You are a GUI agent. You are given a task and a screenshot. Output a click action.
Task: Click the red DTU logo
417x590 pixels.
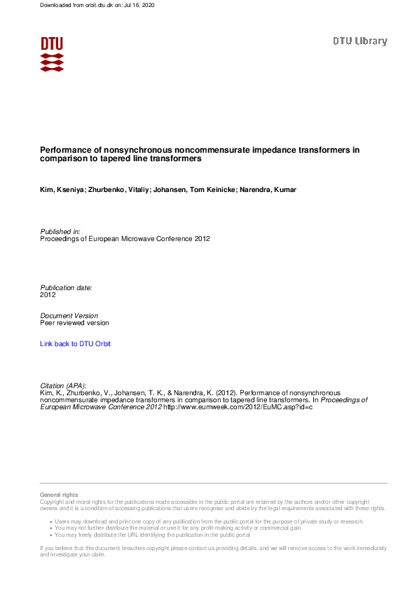tap(52, 54)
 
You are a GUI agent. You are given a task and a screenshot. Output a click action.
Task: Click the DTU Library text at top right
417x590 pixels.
tap(360, 41)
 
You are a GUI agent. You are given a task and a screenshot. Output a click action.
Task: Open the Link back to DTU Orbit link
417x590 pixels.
tap(75, 344)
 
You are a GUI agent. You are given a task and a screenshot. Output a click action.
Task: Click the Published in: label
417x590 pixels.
tap(60, 231)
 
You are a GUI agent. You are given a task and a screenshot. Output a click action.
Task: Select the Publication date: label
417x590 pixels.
tap(66, 288)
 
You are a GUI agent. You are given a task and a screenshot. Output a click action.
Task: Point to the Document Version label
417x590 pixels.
tap(69, 316)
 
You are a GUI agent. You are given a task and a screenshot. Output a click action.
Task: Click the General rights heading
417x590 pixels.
tap(59, 495)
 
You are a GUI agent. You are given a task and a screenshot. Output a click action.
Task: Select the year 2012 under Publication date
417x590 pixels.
tap(48, 295)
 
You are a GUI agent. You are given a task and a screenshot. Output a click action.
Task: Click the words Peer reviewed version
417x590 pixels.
tap(74, 323)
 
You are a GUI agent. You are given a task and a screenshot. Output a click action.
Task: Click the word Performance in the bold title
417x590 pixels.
tap(62, 150)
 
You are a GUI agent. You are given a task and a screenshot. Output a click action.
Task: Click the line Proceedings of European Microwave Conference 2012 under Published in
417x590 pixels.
tap(125, 239)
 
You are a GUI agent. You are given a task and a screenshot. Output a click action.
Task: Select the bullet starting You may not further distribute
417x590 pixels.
tap(179, 528)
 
